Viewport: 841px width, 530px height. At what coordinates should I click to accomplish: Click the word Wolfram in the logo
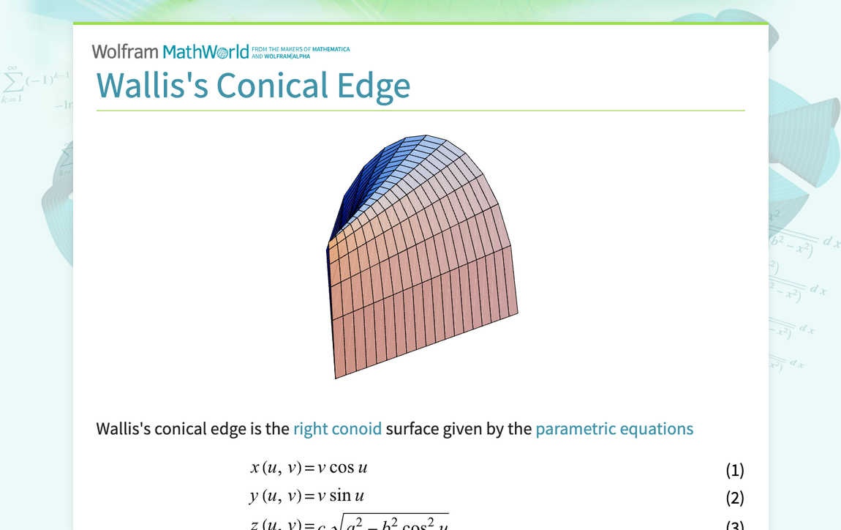125,52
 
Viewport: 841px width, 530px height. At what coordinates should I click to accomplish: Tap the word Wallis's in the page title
152,86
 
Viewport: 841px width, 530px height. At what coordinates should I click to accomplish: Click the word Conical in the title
272,86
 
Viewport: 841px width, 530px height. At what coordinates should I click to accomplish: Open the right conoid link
337,428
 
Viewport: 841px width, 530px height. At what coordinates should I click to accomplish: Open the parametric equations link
614,428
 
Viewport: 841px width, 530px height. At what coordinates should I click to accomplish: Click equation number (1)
734,470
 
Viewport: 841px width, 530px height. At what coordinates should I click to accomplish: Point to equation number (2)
734,498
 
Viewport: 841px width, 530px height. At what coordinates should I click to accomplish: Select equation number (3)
734,525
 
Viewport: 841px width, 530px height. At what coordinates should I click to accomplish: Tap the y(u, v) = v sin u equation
306,496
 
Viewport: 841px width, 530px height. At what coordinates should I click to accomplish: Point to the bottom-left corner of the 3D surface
336,377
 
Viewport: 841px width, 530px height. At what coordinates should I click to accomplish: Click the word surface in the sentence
412,428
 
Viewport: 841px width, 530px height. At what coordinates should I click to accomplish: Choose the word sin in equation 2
340,496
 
